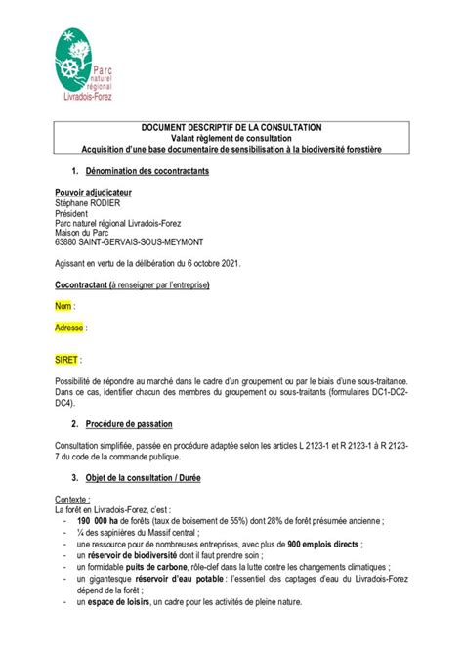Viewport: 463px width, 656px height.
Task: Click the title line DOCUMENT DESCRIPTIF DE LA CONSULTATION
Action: point(231,127)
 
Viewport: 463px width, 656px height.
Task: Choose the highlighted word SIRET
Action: point(66,360)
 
